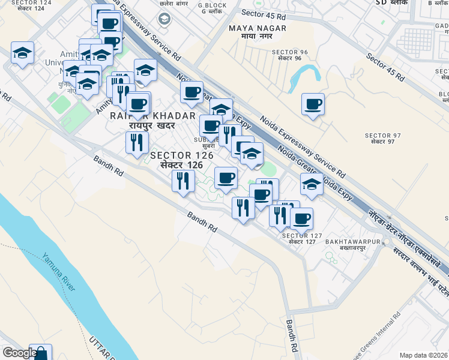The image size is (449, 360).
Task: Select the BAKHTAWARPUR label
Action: point(354,241)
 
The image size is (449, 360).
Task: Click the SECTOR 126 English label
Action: point(181,155)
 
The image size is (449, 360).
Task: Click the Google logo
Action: point(19,353)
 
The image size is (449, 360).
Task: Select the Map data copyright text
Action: point(424,355)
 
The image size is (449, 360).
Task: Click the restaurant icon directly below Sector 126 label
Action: point(183,180)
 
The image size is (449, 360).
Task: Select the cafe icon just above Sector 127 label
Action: point(301,218)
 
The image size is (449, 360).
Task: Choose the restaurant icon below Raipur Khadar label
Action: point(137,142)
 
